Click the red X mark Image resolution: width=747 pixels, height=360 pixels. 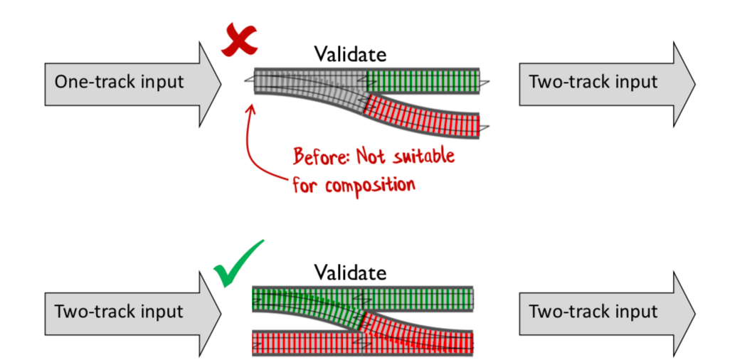[239, 41]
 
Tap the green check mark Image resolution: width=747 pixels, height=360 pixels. [236, 265]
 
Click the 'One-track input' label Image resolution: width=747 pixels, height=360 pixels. [119, 81]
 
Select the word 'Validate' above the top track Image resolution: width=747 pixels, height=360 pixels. [351, 54]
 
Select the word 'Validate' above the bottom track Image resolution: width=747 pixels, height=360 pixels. [351, 272]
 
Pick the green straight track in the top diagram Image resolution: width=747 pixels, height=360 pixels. [423, 79]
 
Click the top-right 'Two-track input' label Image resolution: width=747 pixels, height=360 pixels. [593, 81]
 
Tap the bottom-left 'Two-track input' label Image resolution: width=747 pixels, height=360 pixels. [119, 312]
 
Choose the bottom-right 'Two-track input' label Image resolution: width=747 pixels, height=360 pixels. [593, 312]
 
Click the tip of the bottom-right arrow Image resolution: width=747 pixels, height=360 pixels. [694, 312]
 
